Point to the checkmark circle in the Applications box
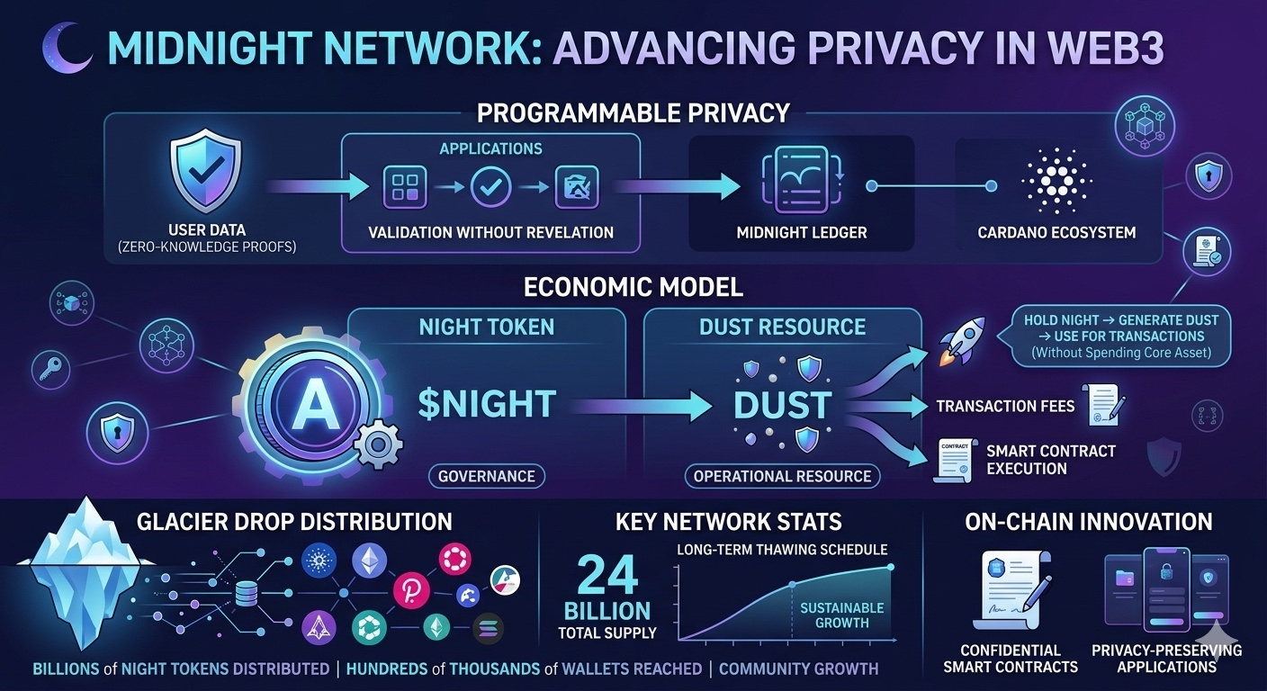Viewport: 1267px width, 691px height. point(490,187)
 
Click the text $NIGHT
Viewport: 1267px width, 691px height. point(487,403)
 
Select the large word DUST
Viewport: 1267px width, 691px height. point(782,406)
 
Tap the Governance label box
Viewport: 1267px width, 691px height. point(486,476)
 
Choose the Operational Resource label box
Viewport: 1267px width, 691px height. point(782,476)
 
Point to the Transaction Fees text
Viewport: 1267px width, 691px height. point(1005,406)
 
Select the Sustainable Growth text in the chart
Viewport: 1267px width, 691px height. point(841,615)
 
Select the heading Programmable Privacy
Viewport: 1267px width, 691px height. point(633,113)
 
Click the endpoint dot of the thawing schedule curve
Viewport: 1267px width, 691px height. point(890,567)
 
